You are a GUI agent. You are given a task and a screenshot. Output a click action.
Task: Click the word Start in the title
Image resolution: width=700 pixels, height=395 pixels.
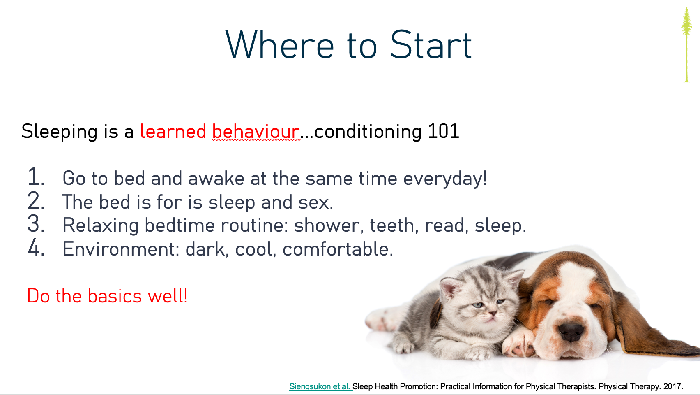point(431,45)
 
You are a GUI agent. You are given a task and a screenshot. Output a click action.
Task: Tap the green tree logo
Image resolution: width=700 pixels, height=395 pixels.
point(686,45)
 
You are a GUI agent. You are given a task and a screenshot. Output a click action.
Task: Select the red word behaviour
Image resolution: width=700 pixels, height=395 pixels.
point(256,131)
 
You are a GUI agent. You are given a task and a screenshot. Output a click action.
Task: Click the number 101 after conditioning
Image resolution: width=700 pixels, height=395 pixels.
point(443,131)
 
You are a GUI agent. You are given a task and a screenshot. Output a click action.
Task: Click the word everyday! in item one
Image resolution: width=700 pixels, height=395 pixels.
point(445,179)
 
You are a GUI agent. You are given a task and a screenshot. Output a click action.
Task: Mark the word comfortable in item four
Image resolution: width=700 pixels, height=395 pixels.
point(338,249)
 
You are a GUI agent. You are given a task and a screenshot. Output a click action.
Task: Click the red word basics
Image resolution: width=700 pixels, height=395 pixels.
point(115,296)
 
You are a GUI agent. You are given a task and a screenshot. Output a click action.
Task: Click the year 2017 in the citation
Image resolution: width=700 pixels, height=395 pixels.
point(673,386)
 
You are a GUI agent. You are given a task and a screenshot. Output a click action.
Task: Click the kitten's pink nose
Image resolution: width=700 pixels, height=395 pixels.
point(493,313)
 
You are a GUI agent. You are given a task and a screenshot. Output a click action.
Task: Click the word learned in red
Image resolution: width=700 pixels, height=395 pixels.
point(173,131)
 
